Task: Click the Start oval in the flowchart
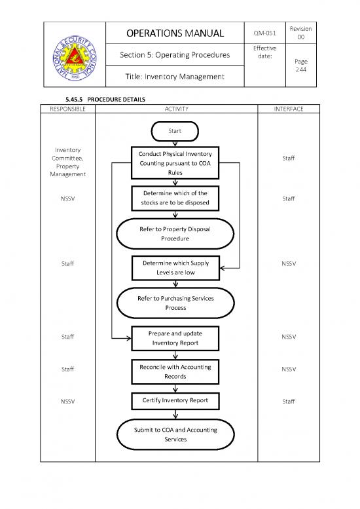[x=175, y=132]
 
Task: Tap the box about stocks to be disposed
[x=175, y=198]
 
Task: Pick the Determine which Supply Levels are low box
[x=175, y=267]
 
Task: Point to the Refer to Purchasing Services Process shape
[x=175, y=302]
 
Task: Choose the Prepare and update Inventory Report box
[x=175, y=337]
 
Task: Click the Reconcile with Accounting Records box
[x=175, y=371]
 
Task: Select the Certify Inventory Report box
[x=175, y=401]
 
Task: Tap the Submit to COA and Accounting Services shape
[x=175, y=434]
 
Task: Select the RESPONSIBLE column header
[x=67, y=109]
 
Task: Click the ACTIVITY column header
[x=175, y=109]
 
